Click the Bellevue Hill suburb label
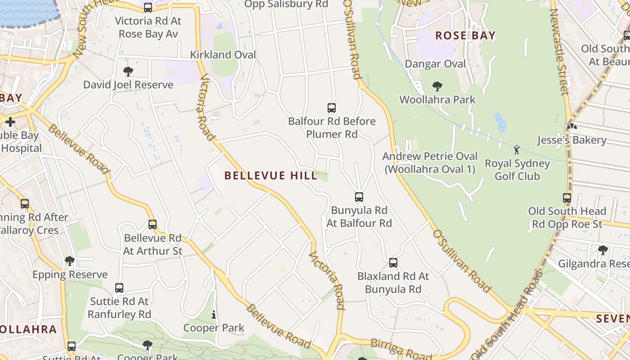click(x=271, y=175)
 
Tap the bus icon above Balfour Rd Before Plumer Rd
click(x=332, y=108)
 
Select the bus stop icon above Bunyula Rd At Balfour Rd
click(x=359, y=197)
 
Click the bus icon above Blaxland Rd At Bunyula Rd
click(x=393, y=263)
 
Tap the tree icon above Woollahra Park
click(x=437, y=86)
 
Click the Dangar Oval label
click(x=435, y=64)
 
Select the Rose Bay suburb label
click(x=465, y=36)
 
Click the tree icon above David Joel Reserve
click(x=128, y=72)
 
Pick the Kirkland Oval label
click(x=223, y=55)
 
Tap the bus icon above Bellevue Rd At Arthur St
click(x=153, y=225)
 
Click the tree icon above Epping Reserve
click(x=70, y=261)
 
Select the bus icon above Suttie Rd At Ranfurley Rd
click(x=119, y=288)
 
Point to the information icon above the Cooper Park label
click(x=214, y=315)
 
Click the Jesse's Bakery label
click(x=571, y=140)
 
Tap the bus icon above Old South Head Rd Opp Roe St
click(x=567, y=198)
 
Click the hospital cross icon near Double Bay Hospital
click(x=10, y=121)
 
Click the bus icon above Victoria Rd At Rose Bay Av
click(x=148, y=8)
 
